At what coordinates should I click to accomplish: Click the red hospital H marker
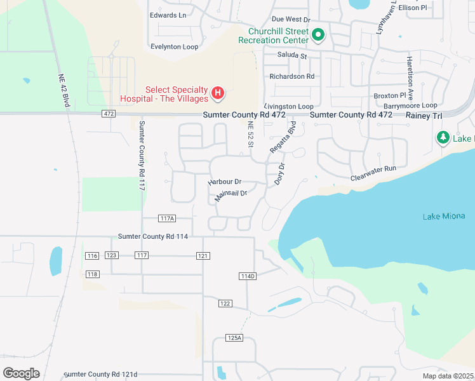click(218, 94)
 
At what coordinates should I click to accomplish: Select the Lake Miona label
click(444, 217)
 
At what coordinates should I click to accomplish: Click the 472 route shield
click(108, 114)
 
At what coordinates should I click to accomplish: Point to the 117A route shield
click(167, 218)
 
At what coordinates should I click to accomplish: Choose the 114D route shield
click(248, 276)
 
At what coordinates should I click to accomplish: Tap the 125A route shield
click(234, 338)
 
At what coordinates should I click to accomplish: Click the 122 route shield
click(225, 304)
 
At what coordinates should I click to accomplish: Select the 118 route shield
click(92, 274)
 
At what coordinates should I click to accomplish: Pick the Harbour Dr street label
click(225, 182)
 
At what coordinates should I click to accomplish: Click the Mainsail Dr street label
click(230, 193)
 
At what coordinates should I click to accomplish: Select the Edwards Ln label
click(168, 15)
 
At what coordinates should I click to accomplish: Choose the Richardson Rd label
click(292, 76)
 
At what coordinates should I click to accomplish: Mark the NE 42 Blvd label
click(62, 77)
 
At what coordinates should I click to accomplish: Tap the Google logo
click(22, 373)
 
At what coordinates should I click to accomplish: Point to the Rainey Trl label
click(429, 115)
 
